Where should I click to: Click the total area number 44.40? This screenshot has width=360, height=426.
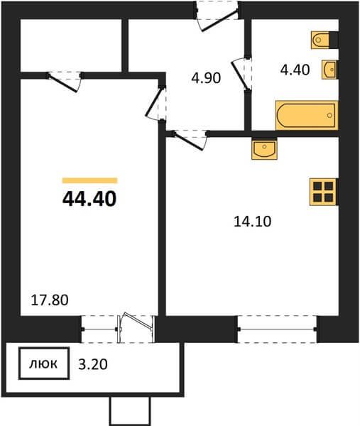click(89, 199)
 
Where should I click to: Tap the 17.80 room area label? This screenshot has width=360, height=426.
click(50, 300)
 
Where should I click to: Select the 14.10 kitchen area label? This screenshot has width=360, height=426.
click(252, 222)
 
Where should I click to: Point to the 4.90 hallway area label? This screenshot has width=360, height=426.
click(206, 78)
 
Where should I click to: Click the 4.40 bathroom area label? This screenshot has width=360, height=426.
click(295, 70)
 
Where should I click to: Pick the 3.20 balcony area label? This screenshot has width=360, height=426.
click(93, 364)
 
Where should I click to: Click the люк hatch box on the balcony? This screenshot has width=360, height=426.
click(44, 364)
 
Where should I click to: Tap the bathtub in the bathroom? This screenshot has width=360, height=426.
click(307, 115)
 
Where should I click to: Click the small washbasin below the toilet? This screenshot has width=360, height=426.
click(329, 70)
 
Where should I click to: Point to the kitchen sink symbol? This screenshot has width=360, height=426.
click(264, 149)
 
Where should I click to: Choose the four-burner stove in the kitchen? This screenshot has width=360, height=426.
click(324, 192)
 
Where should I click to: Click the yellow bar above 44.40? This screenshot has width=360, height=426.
click(89, 180)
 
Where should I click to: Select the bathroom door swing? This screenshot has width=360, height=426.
click(241, 74)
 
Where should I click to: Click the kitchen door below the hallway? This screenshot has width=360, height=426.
click(190, 139)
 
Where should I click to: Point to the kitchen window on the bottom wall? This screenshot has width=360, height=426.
click(277, 329)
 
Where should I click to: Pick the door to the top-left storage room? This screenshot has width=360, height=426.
click(65, 82)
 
